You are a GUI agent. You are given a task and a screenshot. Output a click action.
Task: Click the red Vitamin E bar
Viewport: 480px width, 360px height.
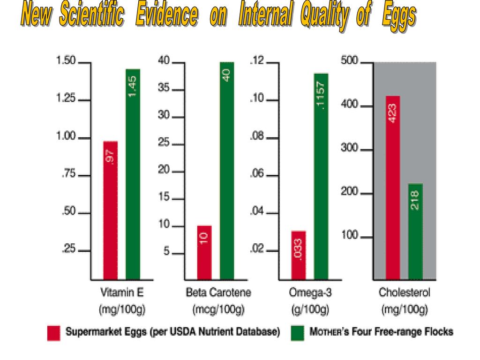pyautogui.click(x=110, y=210)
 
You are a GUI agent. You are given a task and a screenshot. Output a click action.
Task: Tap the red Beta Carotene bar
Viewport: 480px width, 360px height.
pyautogui.click(x=204, y=252)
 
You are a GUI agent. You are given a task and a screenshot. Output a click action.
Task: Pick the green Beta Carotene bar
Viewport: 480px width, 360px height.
pyautogui.click(x=227, y=170)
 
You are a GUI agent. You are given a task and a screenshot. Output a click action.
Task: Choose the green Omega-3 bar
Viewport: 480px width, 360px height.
pyautogui.click(x=321, y=176)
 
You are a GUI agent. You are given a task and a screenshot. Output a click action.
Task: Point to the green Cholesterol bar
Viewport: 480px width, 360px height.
pyautogui.click(x=415, y=231)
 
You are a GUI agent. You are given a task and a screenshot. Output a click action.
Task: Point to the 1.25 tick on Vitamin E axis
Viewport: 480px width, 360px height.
pyautogui.click(x=84, y=100)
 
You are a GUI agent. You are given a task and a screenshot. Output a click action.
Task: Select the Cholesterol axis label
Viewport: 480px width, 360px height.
pyautogui.click(x=404, y=293)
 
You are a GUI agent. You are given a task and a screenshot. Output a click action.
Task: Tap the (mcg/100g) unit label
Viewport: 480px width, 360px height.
pyautogui.click(x=218, y=309)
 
